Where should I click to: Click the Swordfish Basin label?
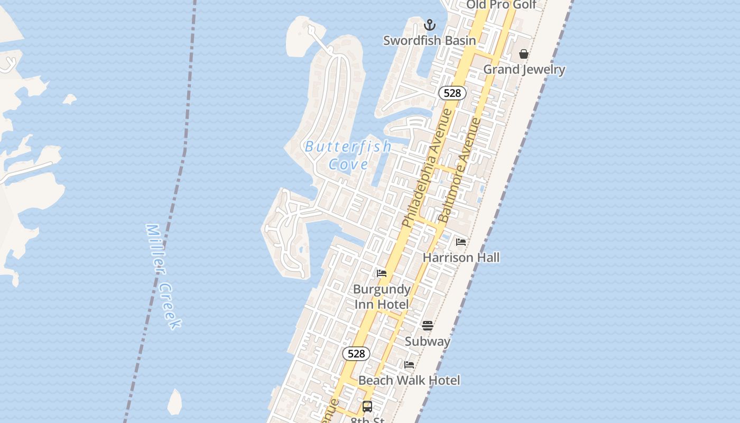tap(429, 40)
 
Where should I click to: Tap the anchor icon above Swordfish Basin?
tap(430, 25)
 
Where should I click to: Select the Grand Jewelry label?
tap(524, 69)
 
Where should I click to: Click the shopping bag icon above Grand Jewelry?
tap(524, 54)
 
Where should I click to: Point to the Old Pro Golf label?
tap(501, 5)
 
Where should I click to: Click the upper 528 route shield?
tap(452, 93)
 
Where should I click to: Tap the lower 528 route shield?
tap(356, 354)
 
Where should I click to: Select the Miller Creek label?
tap(164, 276)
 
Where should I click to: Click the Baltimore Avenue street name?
tap(460, 170)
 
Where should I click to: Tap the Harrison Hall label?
tap(461, 258)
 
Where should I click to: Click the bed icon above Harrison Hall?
tap(461, 242)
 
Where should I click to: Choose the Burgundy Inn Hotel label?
tap(382, 297)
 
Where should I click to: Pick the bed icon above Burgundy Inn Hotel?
tap(382, 273)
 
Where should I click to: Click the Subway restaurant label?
tap(428, 342)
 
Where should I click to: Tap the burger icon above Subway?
tap(428, 326)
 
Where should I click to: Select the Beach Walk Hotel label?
tap(409, 380)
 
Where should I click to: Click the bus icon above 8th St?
tap(367, 407)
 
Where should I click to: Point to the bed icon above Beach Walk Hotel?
tap(409, 365)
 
